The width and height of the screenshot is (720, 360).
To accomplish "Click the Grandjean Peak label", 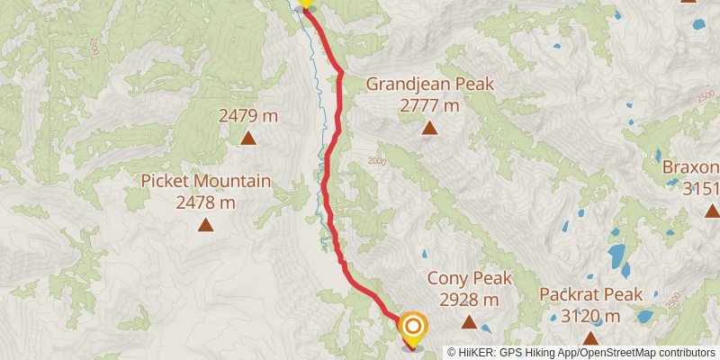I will coord(430,85).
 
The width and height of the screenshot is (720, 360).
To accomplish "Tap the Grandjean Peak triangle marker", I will coord(430,129).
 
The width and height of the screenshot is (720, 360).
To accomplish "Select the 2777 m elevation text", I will coord(430,105).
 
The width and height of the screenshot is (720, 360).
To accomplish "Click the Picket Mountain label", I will coord(206,182).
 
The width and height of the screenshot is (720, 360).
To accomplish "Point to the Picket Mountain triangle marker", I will coord(206,225).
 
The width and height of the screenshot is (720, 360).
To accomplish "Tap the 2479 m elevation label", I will coord(248,115).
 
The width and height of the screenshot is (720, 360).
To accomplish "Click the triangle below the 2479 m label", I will coord(248,138).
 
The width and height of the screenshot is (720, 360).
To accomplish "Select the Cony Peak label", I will coord(469,279).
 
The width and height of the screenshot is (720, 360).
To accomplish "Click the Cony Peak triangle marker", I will coord(469,321).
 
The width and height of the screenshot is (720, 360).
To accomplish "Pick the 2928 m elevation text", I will coord(469,299).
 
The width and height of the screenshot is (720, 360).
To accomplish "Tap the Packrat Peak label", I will coord(591,295).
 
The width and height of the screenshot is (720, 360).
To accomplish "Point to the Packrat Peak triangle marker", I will coord(591,338).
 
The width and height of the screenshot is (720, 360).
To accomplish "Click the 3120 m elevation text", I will coord(591,316).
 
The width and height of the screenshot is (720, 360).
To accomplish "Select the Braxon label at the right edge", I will coord(692,168).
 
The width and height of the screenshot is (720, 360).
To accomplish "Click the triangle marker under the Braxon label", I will coord(712,211).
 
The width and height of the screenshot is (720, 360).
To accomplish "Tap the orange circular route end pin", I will coord(413,328).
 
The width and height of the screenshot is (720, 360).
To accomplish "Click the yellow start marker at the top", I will coord(306,4).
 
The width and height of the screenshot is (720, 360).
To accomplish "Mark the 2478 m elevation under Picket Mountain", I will coord(206,202).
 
